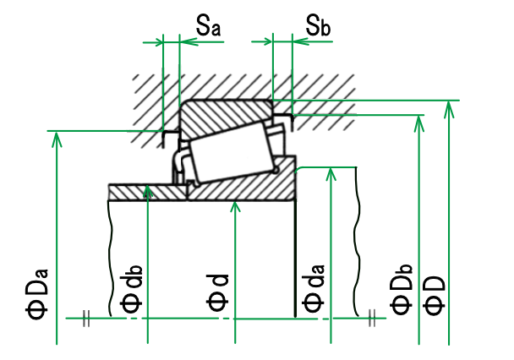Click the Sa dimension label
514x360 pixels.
[208, 27]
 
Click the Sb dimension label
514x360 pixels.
[318, 27]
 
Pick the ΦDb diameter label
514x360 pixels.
[402, 289]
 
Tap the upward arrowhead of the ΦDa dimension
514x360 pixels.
[57, 138]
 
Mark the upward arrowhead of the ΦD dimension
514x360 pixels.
[447, 106]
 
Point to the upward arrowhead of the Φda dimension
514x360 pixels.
[331, 173]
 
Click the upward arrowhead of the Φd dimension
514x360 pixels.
[233, 208]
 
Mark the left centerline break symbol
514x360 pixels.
[86, 318]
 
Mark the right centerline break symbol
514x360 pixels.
[372, 317]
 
